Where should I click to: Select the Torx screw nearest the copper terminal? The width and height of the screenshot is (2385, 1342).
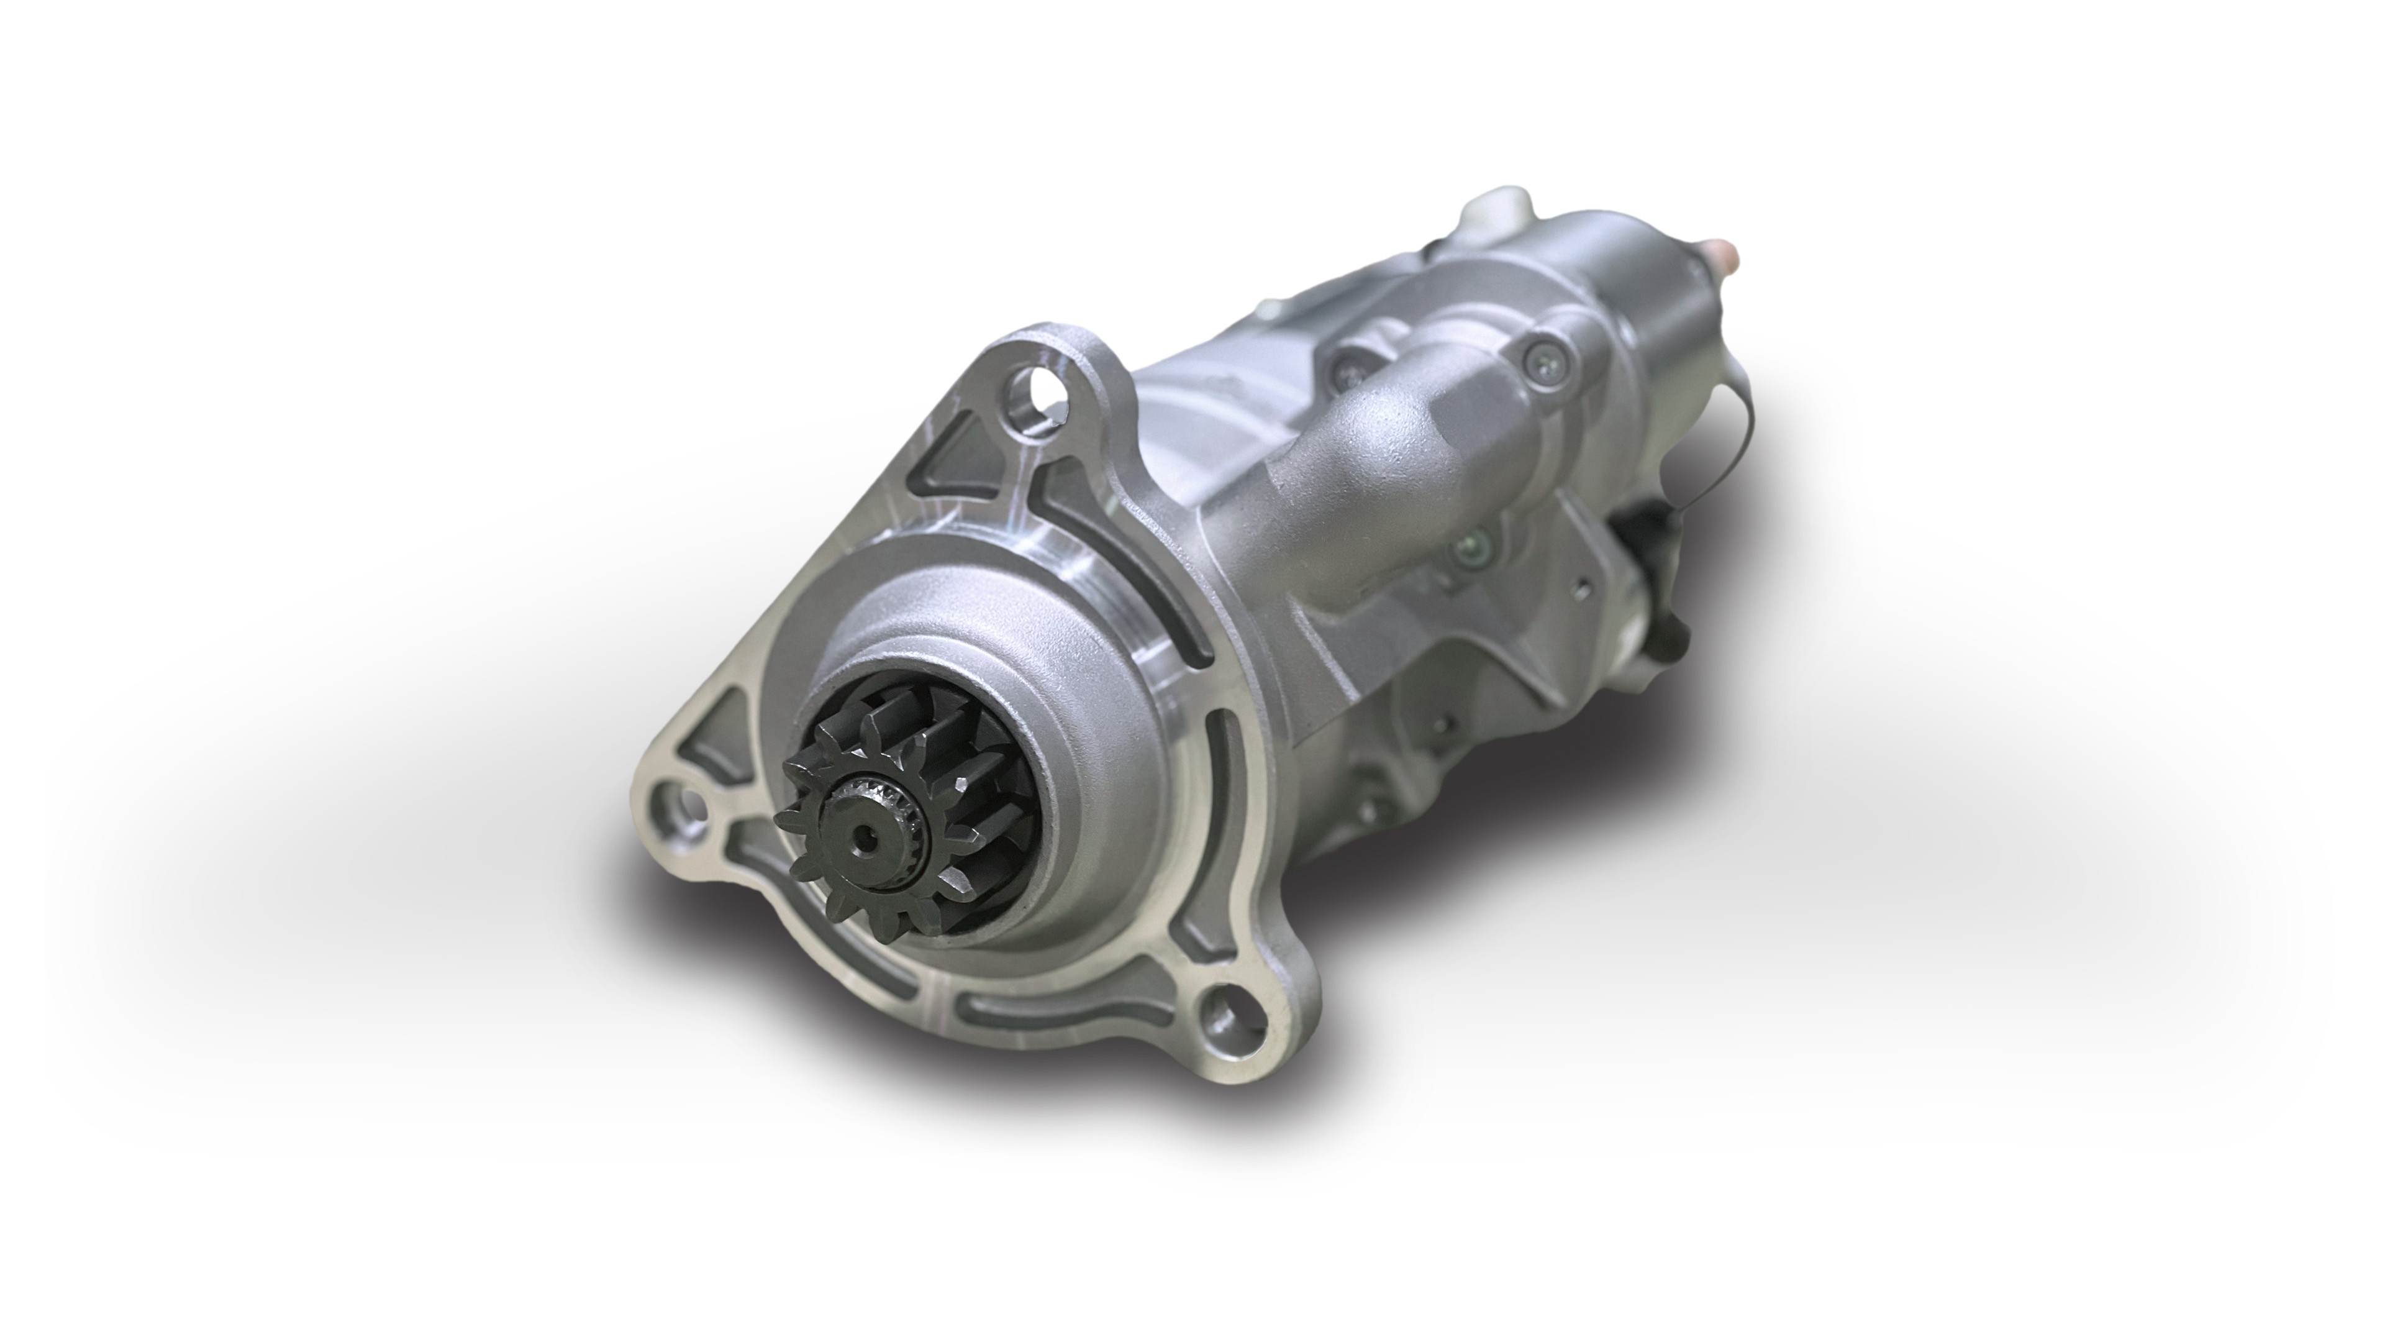coord(1542,353)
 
